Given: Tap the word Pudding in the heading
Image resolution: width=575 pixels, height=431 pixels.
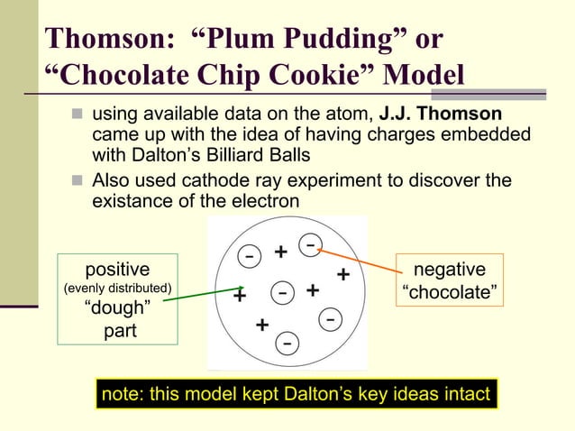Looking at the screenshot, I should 337,40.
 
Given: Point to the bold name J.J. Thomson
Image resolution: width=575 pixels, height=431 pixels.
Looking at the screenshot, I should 441,115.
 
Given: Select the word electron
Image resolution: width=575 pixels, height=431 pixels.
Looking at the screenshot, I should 263,200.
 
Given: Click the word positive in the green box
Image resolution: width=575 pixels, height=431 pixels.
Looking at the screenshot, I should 117,269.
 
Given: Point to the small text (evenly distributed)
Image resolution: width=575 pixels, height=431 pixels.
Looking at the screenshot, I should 117,289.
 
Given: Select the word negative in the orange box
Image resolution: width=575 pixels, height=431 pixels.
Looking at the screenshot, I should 448,270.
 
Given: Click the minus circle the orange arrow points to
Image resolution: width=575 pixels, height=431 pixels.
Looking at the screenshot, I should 309,244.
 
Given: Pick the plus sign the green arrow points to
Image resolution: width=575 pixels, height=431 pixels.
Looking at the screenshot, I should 241,296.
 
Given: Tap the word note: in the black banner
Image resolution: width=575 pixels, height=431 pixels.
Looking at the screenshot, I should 125,394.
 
